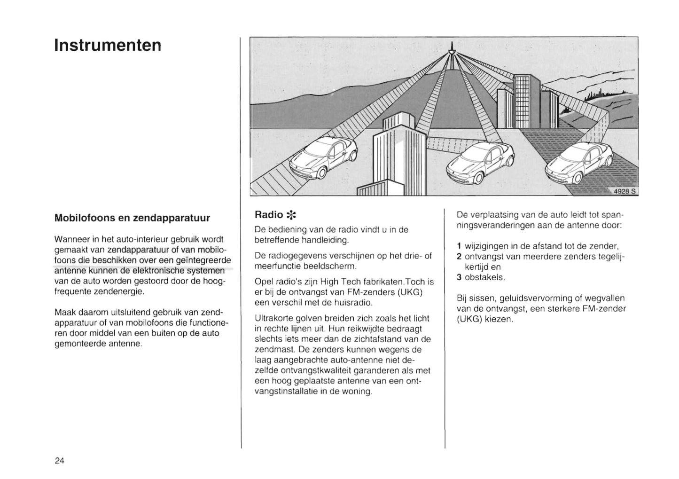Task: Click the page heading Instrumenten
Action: tap(108, 45)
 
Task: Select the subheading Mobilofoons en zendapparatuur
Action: tap(132, 218)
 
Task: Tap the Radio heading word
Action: tap(268, 215)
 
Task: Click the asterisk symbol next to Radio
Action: tap(291, 215)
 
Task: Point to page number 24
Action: tap(59, 460)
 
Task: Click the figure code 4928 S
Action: tap(624, 191)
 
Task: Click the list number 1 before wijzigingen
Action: tap(459, 246)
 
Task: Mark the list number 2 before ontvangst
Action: tap(459, 256)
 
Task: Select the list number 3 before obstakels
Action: tap(459, 277)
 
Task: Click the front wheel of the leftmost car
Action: tap(321, 174)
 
